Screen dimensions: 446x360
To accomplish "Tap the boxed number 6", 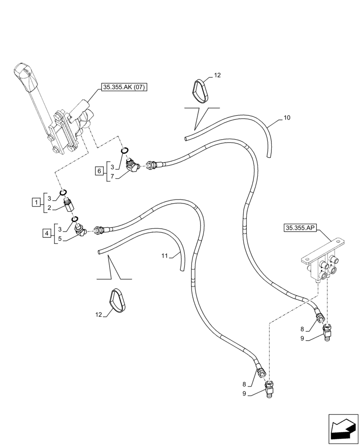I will (100, 170).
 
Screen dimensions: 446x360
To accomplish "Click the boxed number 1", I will (35, 203).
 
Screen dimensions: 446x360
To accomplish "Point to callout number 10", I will (286, 118).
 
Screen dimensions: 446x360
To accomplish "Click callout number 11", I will (164, 256).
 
